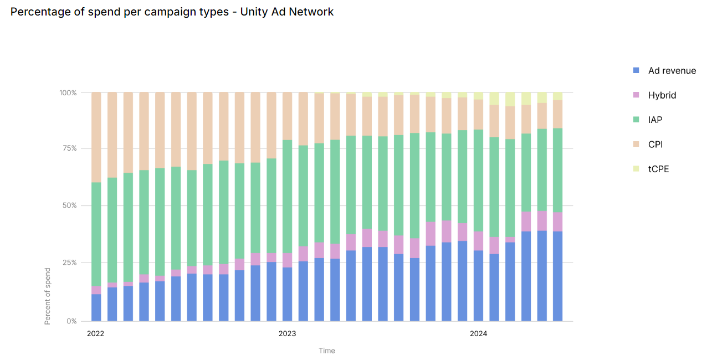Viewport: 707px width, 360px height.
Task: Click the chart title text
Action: tap(172, 12)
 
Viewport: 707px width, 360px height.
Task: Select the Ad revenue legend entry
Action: tap(672, 70)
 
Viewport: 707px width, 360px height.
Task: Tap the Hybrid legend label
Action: tap(662, 95)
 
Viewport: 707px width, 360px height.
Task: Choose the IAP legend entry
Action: tap(655, 120)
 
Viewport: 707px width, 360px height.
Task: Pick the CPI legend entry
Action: tap(655, 145)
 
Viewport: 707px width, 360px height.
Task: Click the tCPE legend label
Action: tap(659, 169)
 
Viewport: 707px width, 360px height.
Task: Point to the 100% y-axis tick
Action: tap(68, 92)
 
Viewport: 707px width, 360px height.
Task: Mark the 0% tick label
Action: tap(72, 321)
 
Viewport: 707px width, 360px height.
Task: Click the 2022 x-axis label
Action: tap(96, 333)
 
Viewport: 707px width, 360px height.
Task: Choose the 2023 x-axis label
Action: tap(287, 333)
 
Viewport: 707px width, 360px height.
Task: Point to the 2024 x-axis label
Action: tap(479, 333)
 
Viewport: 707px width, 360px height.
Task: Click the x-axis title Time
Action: tap(327, 351)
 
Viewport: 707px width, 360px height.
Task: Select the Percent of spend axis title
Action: tap(48, 296)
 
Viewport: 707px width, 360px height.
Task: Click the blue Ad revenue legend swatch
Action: tap(636, 70)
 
